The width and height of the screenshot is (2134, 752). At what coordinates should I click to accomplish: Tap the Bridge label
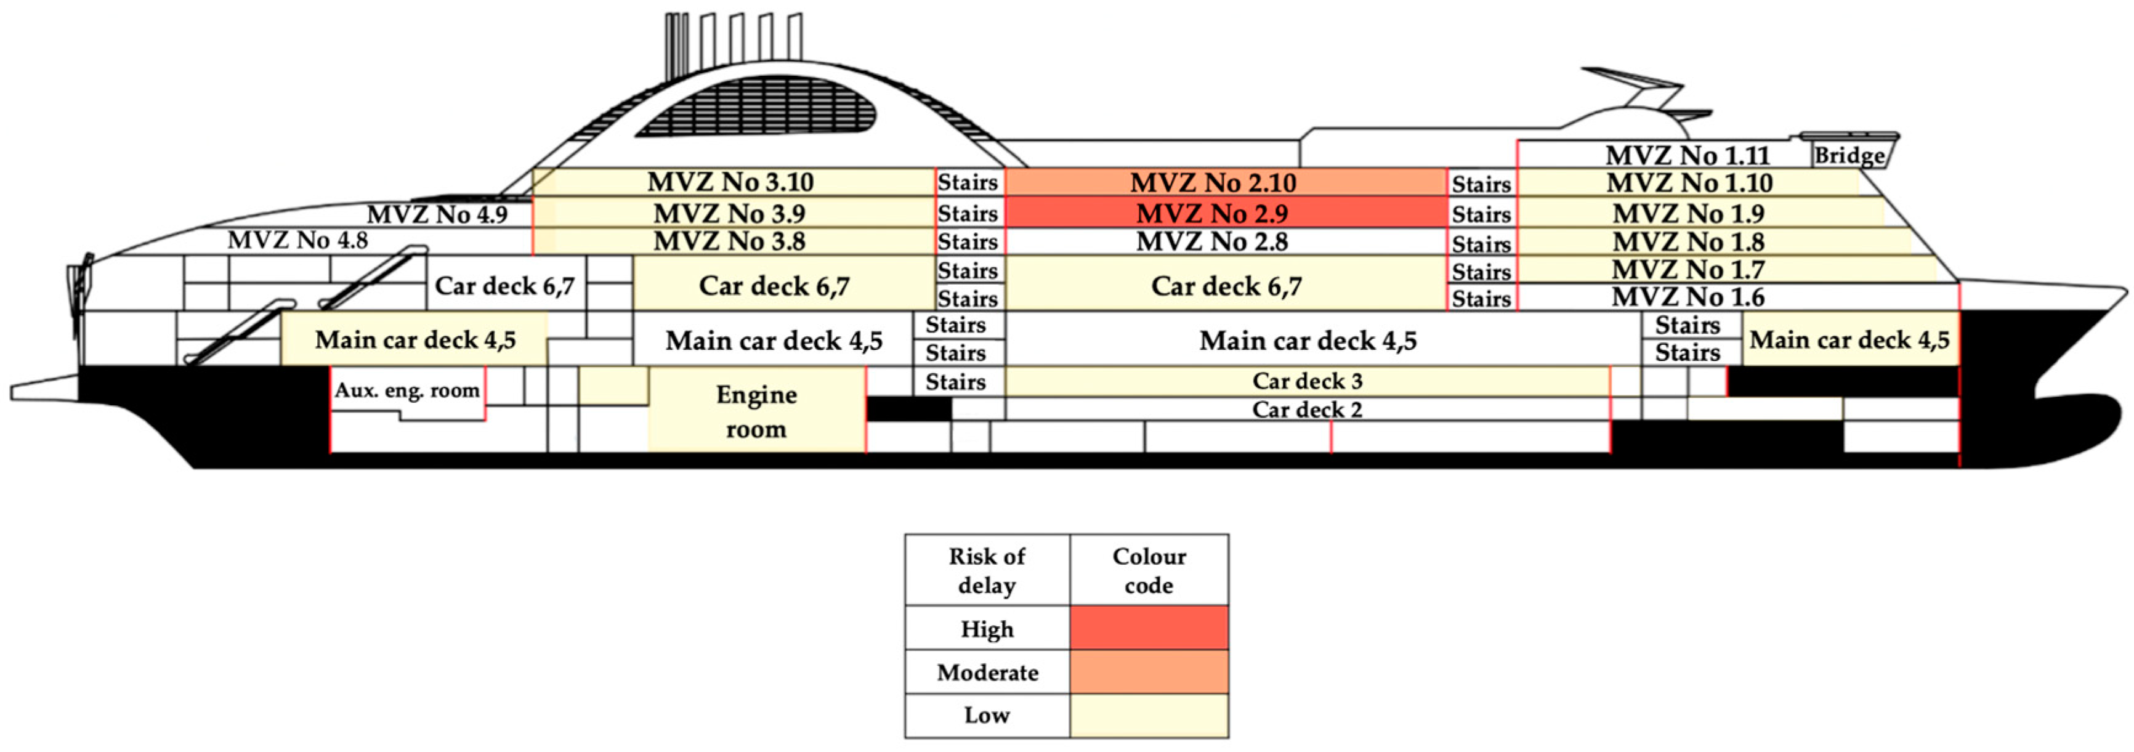click(x=1849, y=156)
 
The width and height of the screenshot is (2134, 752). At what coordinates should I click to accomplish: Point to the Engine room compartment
click(x=756, y=411)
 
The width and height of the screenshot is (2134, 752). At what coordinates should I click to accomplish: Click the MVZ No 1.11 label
click(x=1687, y=155)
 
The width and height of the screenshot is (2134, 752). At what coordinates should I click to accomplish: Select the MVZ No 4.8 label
click(x=297, y=240)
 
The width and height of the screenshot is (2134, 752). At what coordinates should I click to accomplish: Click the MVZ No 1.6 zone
click(x=1687, y=296)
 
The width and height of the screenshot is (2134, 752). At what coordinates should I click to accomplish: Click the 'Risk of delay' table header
click(x=987, y=570)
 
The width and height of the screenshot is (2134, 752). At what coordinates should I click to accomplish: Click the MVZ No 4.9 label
click(x=437, y=214)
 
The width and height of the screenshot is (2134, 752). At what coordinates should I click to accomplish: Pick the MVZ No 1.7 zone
click(x=1687, y=269)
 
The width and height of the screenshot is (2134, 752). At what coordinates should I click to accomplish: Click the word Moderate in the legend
click(x=987, y=672)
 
